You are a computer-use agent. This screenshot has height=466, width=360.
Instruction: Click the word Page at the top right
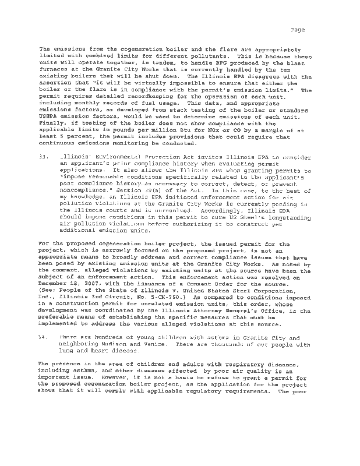coord(297,30)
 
